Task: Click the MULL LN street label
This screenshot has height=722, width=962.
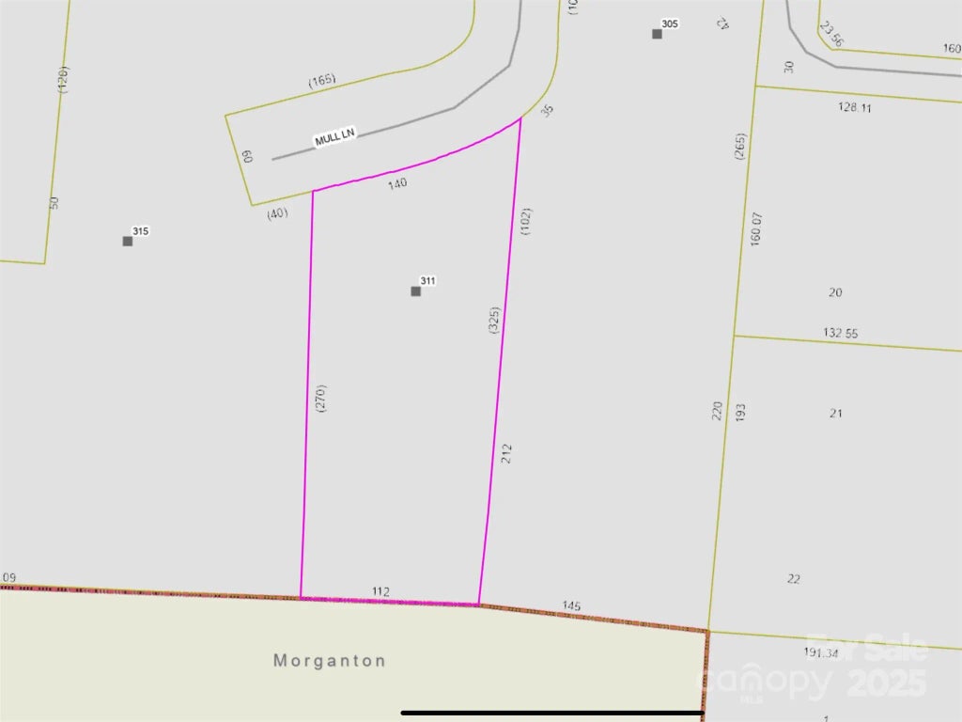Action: pos(335,137)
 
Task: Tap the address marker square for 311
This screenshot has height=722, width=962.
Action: pos(416,291)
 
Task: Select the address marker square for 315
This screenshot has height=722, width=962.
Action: pos(128,242)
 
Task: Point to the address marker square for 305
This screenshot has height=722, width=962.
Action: pos(658,34)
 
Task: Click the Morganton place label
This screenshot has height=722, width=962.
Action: pos(330,661)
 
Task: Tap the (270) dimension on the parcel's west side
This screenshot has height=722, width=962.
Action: pos(321,400)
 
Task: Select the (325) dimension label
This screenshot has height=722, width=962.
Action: pos(494,321)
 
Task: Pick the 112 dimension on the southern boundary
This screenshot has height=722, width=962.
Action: pos(380,591)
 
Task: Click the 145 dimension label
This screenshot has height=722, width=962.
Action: pos(571,605)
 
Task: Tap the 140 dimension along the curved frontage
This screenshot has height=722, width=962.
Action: pos(397,184)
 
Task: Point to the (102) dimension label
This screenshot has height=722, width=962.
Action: pos(525,221)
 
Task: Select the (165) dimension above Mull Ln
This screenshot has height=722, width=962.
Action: pos(322,81)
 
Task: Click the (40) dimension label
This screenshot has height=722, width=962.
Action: pos(276,212)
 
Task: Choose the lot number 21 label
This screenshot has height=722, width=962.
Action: pos(836,413)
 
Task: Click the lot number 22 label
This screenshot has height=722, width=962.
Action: pos(794,578)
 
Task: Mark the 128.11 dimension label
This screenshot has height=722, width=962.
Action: pos(855,107)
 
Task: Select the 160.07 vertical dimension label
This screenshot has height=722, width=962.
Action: pos(756,229)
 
